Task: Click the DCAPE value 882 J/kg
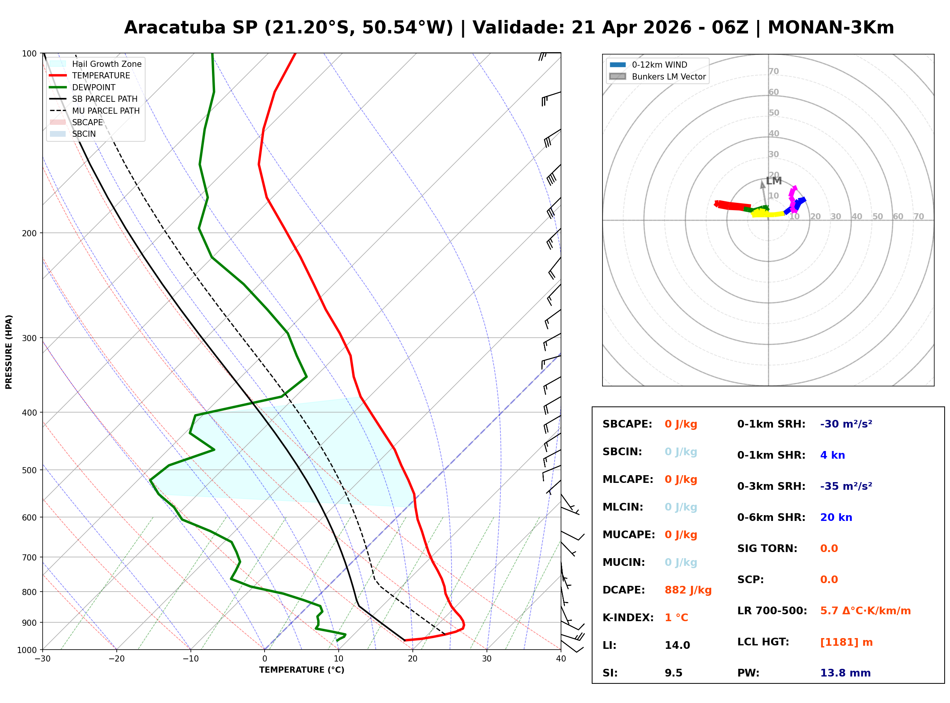coord(688,590)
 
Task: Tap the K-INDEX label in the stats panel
coord(628,617)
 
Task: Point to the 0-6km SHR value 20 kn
coord(836,517)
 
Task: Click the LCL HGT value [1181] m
coord(846,642)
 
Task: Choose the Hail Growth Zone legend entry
coord(106,64)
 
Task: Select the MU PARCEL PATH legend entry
coord(106,111)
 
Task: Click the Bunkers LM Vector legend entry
coord(668,76)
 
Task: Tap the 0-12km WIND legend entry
coord(659,65)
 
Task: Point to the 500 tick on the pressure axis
coord(29,470)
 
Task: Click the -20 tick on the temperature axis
coord(116,659)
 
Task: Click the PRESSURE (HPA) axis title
coord(9,351)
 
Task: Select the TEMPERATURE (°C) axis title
coord(301,670)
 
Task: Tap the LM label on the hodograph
coord(773,181)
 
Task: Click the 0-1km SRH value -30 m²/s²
coord(846,424)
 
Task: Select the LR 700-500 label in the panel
coord(772,611)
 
